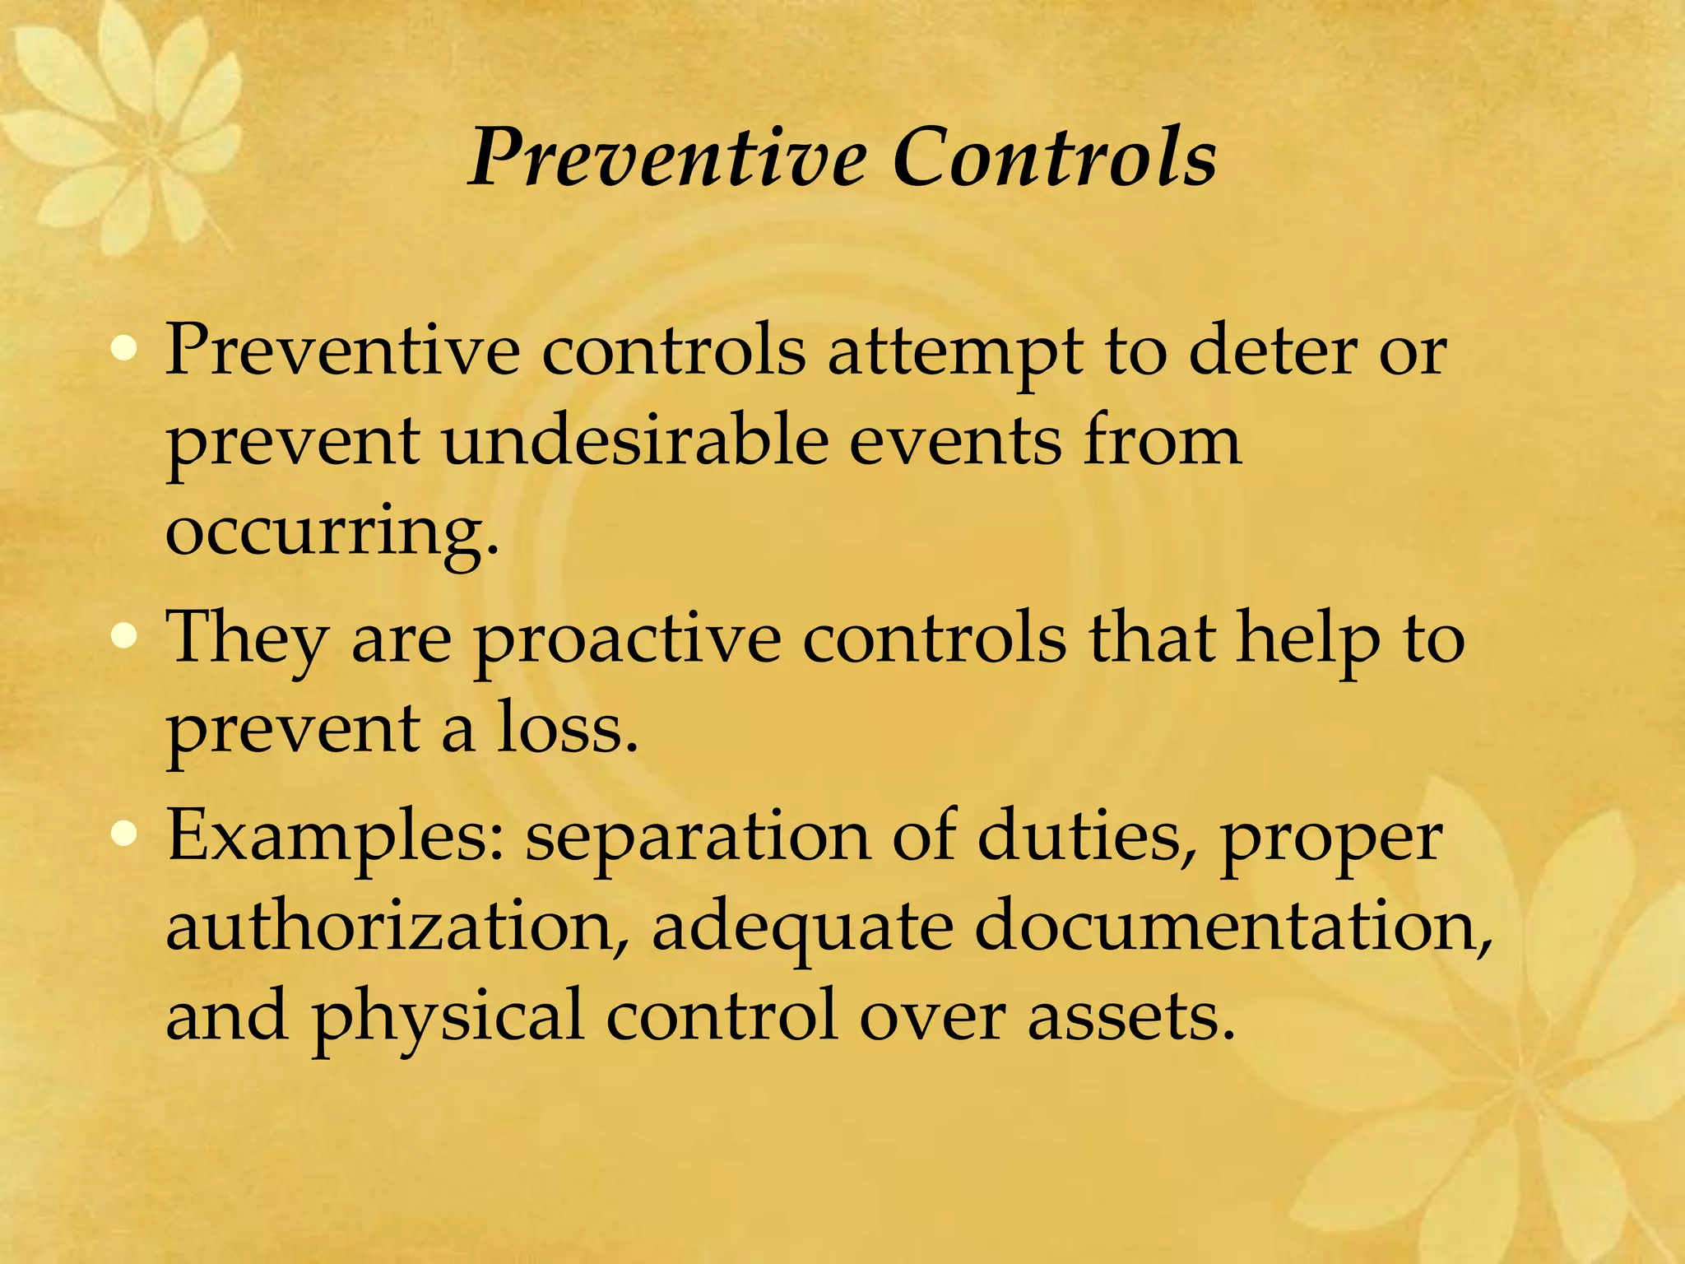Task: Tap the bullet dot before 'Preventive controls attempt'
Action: click(x=124, y=350)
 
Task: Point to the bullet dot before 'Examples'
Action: click(x=124, y=835)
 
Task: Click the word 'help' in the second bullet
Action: click(x=1309, y=640)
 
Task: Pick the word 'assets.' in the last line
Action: click(x=1131, y=1017)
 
